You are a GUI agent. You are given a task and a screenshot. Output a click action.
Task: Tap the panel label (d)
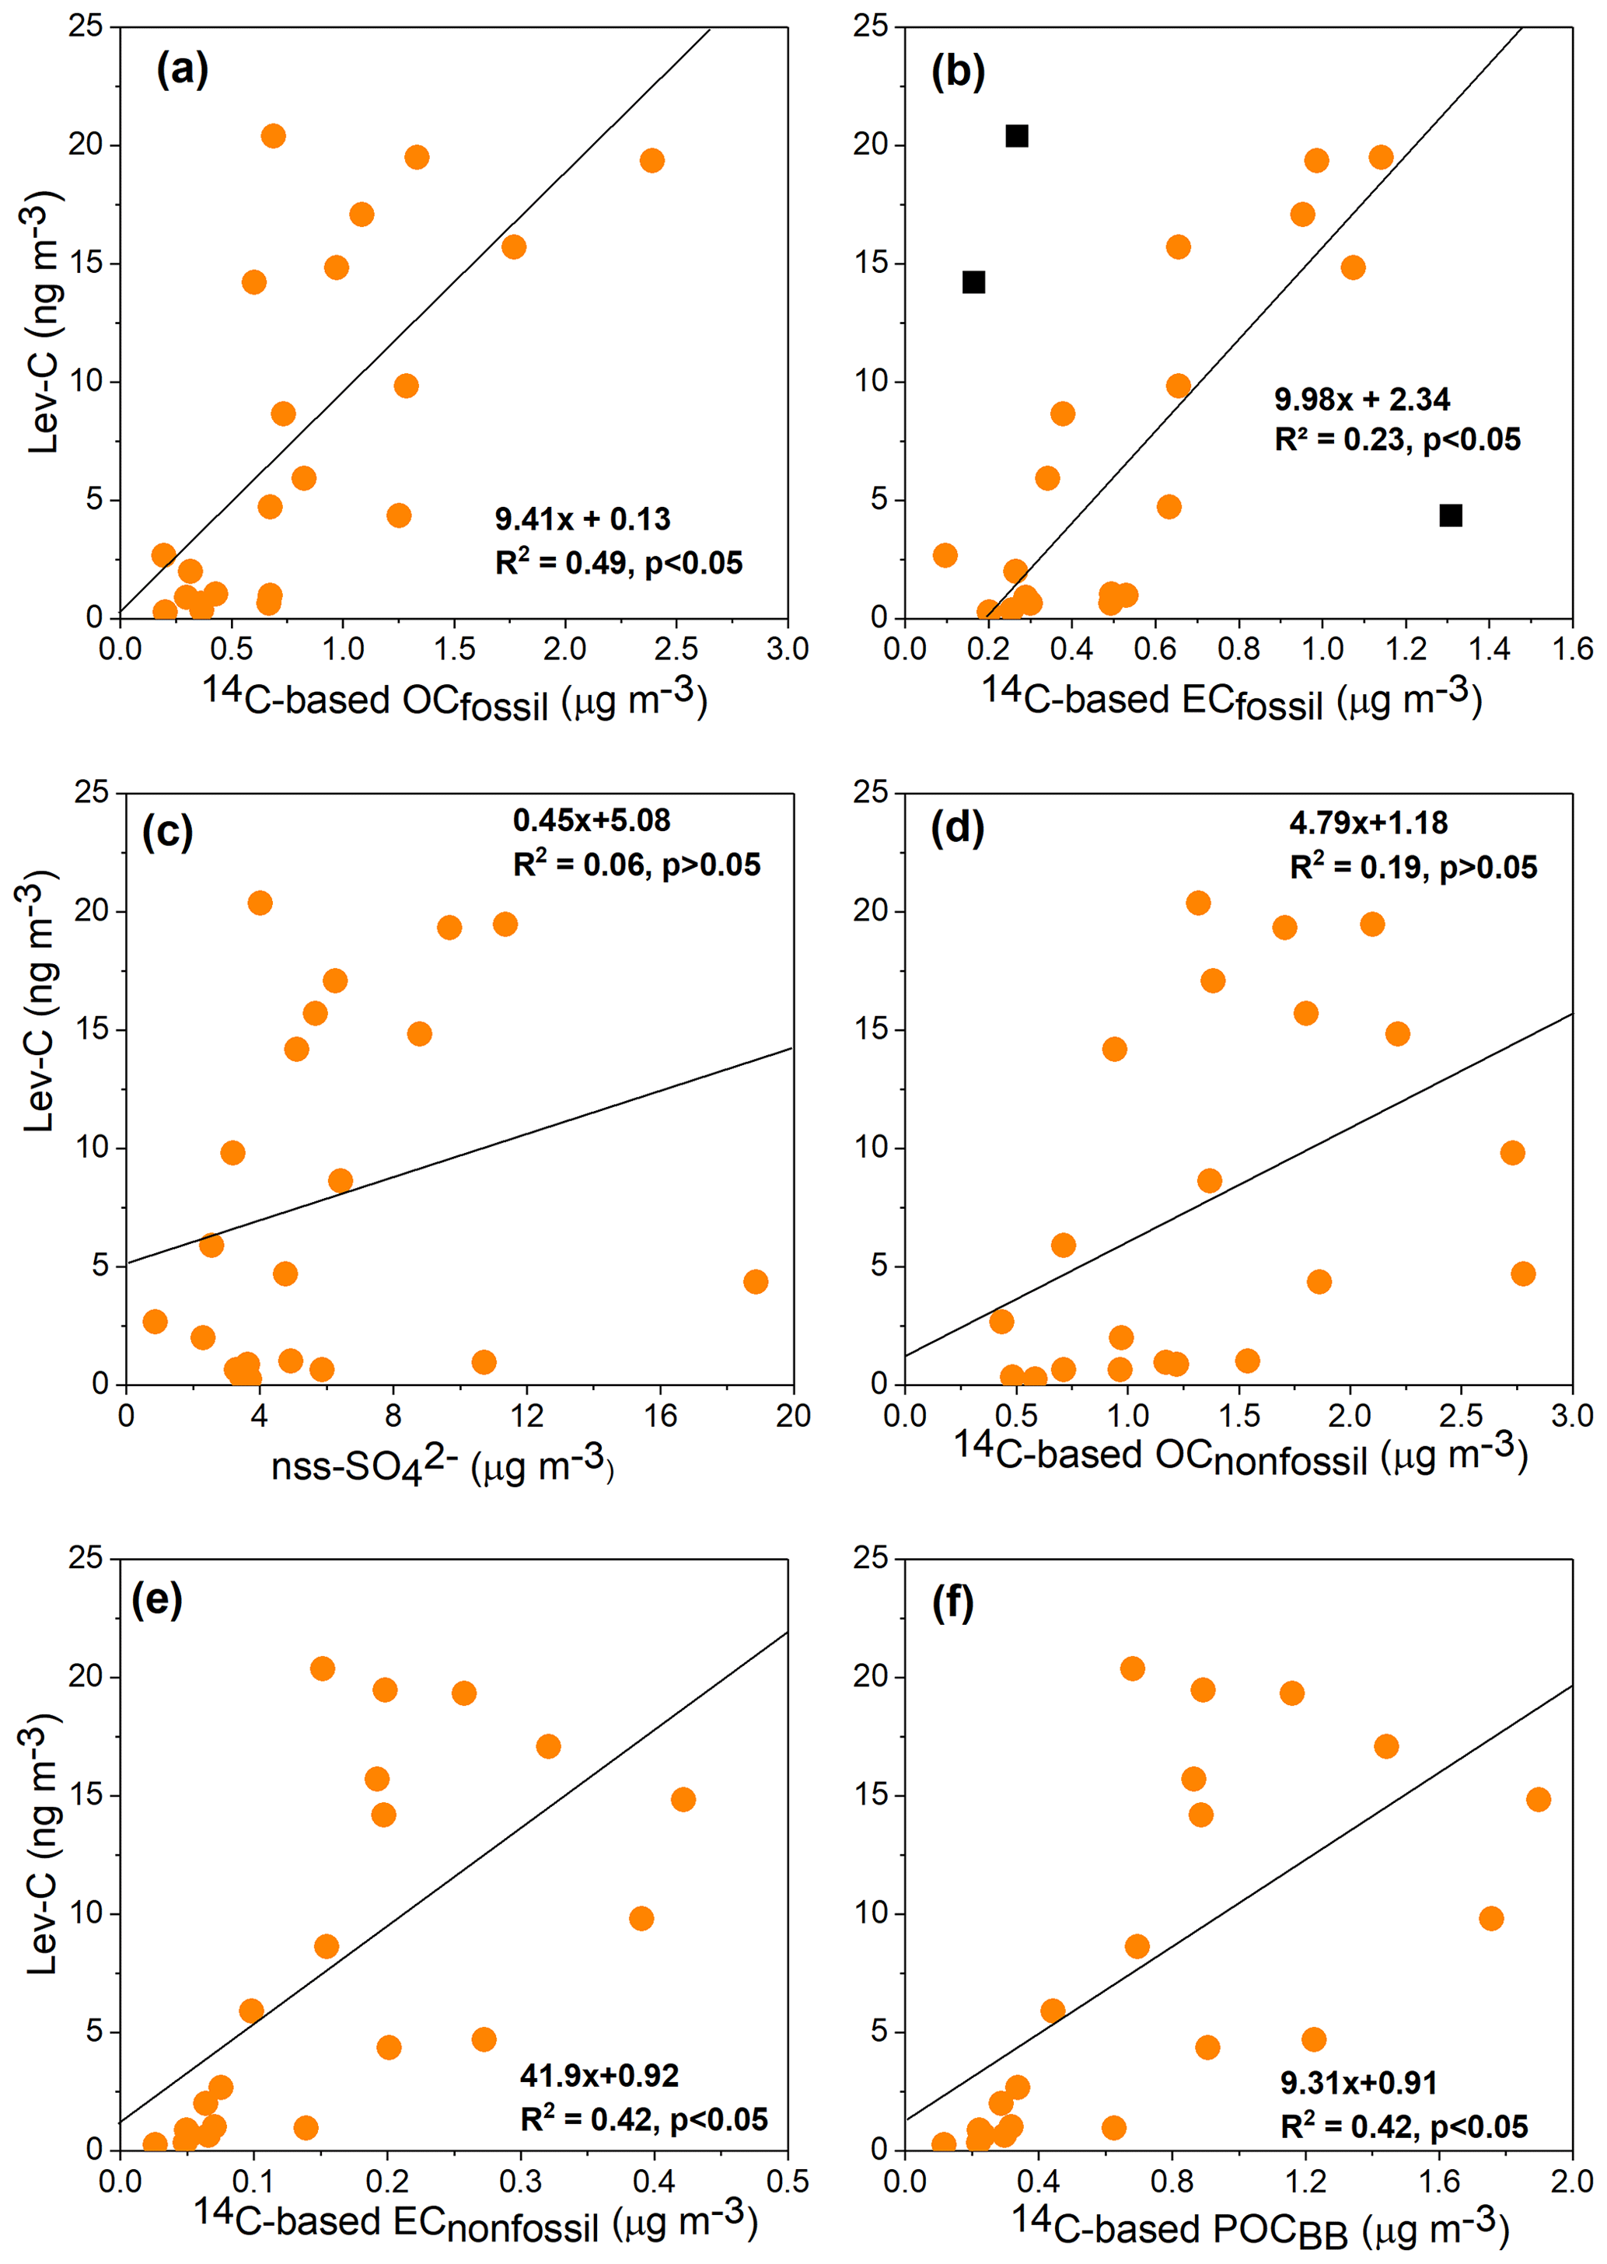(957, 826)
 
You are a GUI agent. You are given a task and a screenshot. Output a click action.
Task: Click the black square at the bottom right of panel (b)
(1450, 515)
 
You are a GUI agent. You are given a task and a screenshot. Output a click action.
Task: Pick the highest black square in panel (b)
(1016, 135)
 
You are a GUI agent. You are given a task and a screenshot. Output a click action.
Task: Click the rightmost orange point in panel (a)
(651, 160)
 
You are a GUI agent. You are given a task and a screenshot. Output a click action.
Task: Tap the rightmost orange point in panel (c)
(755, 1281)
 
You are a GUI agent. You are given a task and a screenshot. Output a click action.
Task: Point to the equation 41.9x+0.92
(599, 2075)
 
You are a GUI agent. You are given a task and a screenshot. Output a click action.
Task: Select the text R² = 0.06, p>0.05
(636, 865)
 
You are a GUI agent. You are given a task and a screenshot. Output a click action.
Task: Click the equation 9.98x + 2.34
(1361, 399)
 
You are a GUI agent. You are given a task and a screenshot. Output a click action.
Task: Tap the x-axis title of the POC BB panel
(1259, 2227)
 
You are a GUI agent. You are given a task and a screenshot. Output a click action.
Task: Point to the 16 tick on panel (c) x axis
(660, 1416)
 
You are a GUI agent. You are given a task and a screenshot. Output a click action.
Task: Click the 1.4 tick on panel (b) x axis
(1490, 649)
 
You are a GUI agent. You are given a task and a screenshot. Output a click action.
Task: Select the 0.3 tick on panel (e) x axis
(520, 2181)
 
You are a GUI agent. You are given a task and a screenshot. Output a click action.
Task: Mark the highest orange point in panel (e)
(322, 1669)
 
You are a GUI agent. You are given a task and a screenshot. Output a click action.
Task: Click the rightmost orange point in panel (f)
(1538, 1799)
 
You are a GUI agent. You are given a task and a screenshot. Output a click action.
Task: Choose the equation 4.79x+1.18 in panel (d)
(1368, 823)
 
